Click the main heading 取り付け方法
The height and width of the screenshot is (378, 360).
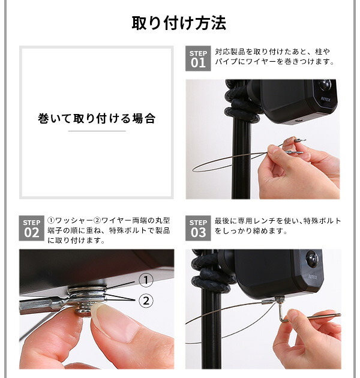point(179,23)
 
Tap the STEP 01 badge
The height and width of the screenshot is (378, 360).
point(198,59)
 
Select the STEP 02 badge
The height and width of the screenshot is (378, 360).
point(32,228)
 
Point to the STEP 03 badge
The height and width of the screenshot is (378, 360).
point(198,228)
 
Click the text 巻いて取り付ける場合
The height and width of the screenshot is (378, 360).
point(97,119)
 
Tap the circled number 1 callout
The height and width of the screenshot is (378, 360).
point(146,280)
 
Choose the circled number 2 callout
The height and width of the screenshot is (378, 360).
point(146,301)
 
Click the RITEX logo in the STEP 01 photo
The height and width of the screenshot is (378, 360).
point(326,99)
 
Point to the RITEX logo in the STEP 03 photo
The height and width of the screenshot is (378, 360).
point(313,277)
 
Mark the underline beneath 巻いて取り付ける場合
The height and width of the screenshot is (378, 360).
point(97,131)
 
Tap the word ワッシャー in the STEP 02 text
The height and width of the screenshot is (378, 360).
point(74,221)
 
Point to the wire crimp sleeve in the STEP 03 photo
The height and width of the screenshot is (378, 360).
point(268,302)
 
